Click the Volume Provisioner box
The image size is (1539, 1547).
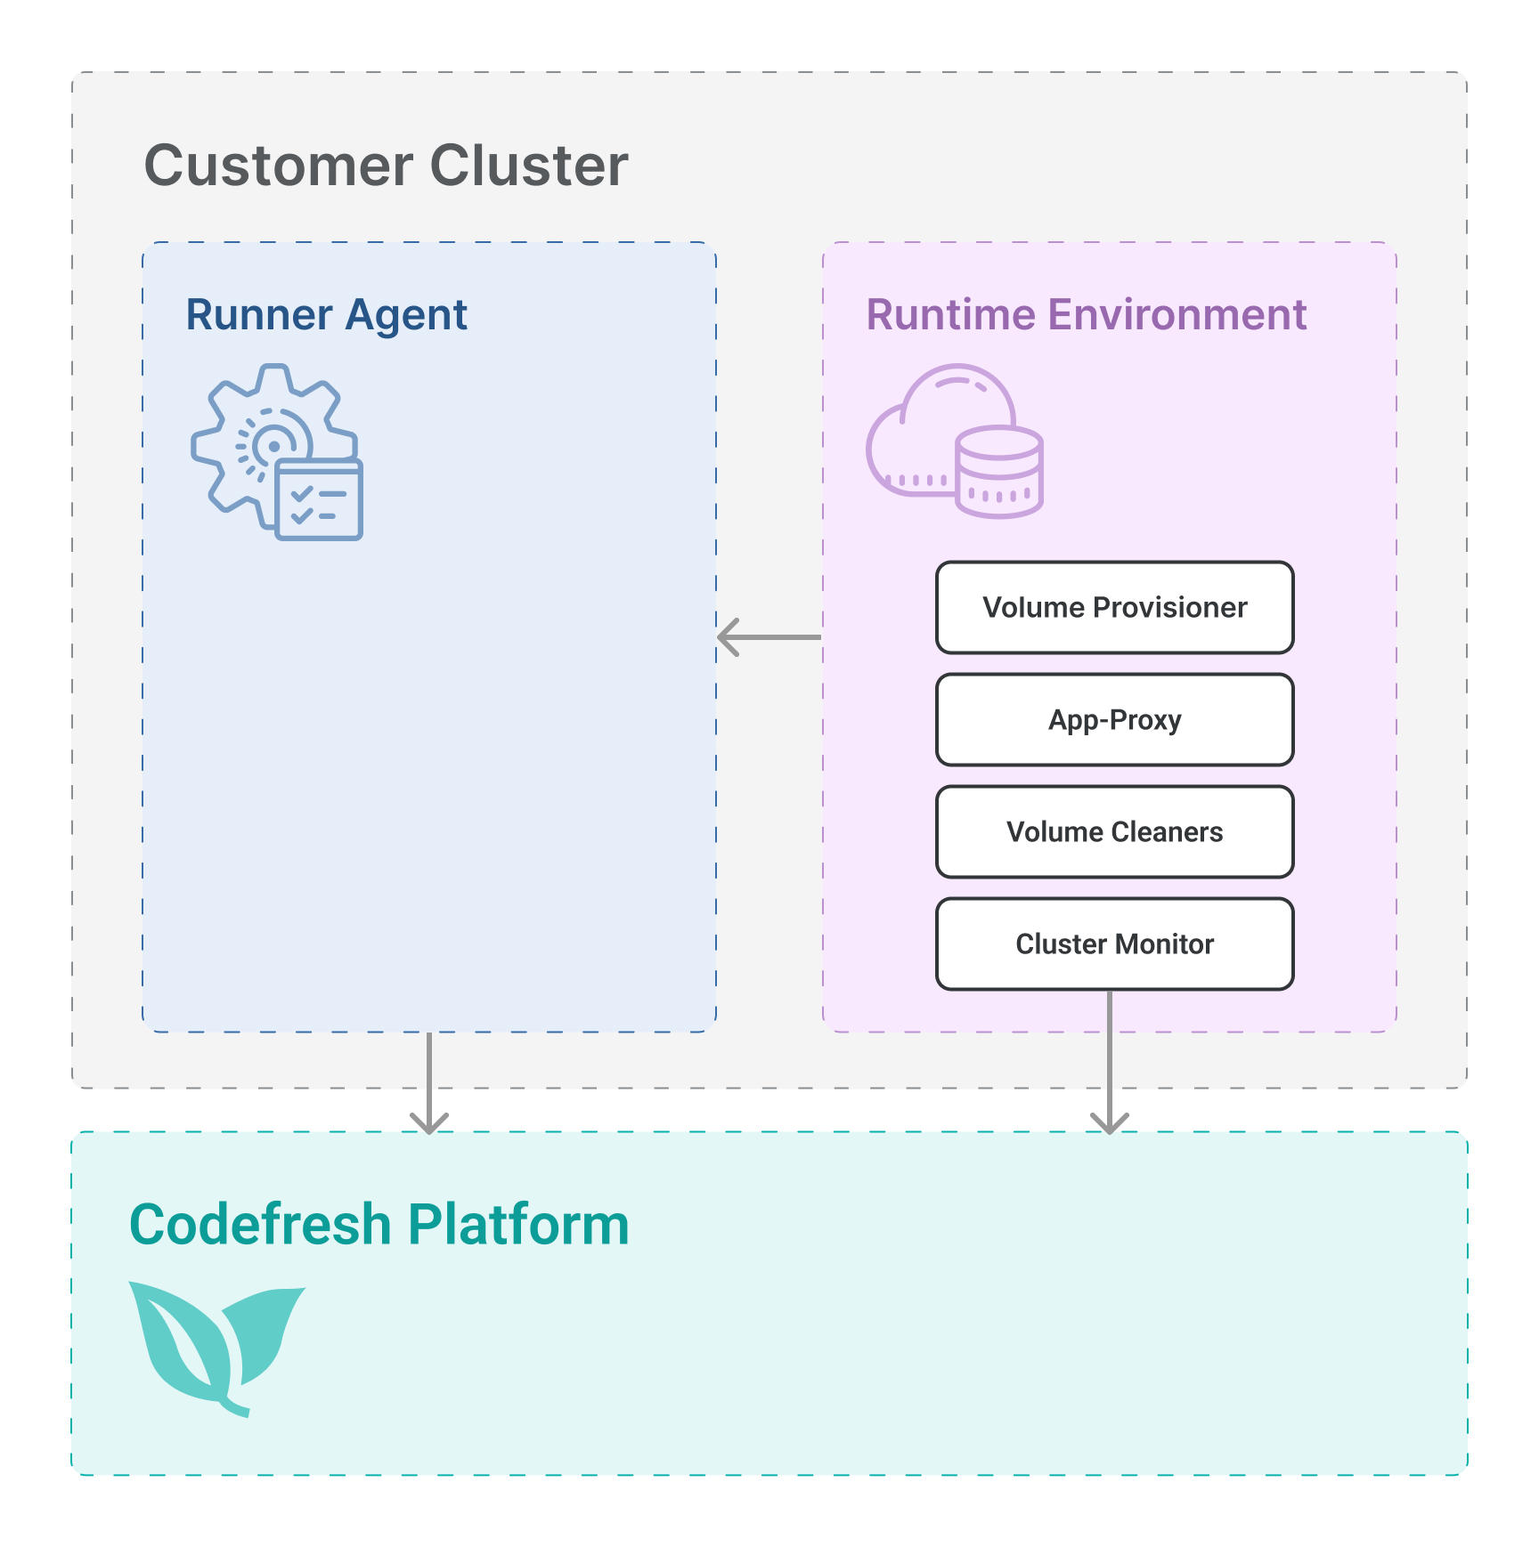[x=1114, y=607]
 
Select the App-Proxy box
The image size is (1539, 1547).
[x=1114, y=719]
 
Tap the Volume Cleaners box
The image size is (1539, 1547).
[x=1114, y=831]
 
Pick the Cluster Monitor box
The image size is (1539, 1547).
[x=1114, y=944]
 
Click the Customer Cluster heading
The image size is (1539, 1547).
[x=386, y=166]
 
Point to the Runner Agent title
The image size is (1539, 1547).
[x=326, y=315]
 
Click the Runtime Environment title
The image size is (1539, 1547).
[x=1086, y=315]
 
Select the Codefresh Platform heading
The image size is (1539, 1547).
[x=379, y=1225]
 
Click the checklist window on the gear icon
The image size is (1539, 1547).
[x=319, y=500]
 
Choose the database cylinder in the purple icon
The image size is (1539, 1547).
[x=998, y=472]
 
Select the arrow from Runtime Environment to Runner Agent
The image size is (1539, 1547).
[x=769, y=637]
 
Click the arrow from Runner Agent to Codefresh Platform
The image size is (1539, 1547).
[x=429, y=1082]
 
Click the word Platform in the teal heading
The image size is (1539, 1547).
[x=518, y=1225]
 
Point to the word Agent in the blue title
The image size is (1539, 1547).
[x=406, y=315]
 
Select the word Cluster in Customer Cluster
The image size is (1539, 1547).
[x=529, y=166]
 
